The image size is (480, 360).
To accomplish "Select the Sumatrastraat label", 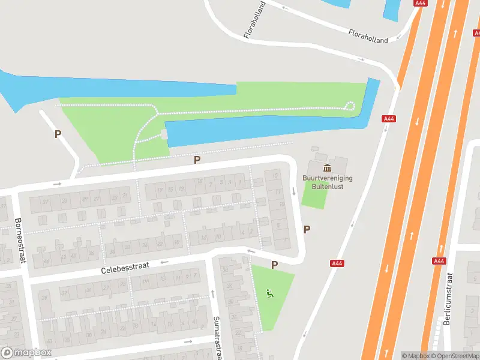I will pyautogui.click(x=218, y=339).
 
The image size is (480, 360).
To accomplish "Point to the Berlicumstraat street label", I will pyautogui.click(x=447, y=299).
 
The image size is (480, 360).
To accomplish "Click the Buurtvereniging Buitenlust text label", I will pyautogui.click(x=328, y=182).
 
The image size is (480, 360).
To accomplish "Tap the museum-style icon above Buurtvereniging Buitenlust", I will pyautogui.click(x=327, y=167).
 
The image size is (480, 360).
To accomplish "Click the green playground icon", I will pyautogui.click(x=270, y=293).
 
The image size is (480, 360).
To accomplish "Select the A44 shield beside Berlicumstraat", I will pyautogui.click(x=439, y=261).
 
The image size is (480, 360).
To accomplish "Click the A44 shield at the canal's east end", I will pyautogui.click(x=389, y=119).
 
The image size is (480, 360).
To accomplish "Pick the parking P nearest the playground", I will pyautogui.click(x=274, y=265).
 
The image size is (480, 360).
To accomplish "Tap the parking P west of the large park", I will pyautogui.click(x=58, y=134).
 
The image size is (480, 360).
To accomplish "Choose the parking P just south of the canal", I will pyautogui.click(x=197, y=160).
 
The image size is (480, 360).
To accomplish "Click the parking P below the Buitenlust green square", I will pyautogui.click(x=307, y=229).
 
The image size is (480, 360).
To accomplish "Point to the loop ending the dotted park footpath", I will pyautogui.click(x=350, y=107).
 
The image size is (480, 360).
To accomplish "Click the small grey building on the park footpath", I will pyautogui.click(x=165, y=136).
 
